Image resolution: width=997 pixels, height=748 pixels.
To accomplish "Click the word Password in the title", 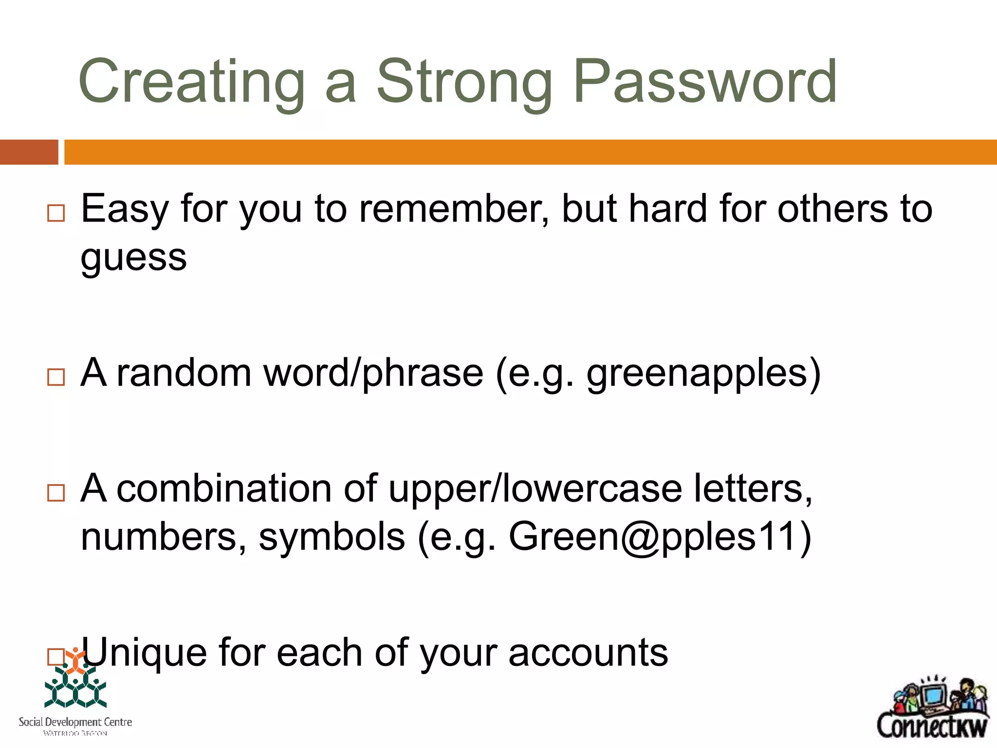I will click(705, 82).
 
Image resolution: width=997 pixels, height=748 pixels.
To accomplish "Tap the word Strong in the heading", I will click(465, 82).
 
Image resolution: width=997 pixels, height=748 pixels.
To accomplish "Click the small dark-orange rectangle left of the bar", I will click(29, 152).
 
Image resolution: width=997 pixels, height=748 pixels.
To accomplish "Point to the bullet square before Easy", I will click(56, 213).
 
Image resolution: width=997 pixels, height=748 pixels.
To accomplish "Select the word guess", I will click(133, 258).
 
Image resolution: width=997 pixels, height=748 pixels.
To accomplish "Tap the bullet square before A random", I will click(56, 377).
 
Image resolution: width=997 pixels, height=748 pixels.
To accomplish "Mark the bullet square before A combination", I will click(56, 493).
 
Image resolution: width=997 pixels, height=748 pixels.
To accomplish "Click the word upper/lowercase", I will click(535, 489).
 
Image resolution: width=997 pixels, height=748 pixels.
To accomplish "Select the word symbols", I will click(332, 537).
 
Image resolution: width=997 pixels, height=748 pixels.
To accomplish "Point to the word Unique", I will click(144, 653).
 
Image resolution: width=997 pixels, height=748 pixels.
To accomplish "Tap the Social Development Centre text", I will click(75, 722).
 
